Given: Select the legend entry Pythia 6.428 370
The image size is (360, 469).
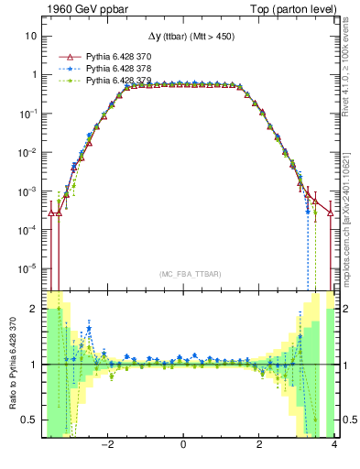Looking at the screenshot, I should pos(119,56).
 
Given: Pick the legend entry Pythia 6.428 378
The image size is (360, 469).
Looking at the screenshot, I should pos(119,69).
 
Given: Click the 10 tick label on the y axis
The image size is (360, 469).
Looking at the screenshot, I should pos(31,36).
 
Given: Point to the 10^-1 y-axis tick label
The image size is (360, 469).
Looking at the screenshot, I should pos(27,114).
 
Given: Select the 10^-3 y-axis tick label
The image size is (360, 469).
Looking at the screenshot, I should pos(27,191).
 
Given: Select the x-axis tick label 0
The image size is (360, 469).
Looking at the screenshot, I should pos(184,445).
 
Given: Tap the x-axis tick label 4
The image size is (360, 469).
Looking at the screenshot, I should pos(334,445).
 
